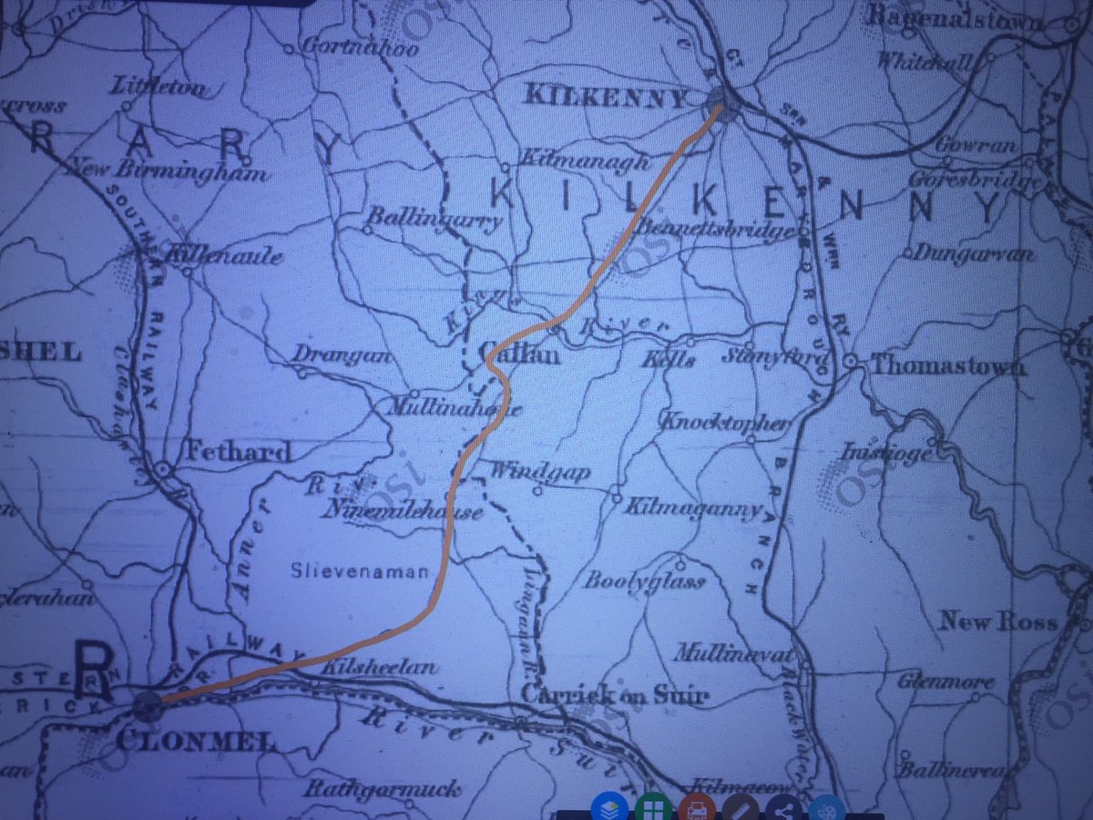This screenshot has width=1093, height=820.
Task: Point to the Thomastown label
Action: click(x=947, y=365)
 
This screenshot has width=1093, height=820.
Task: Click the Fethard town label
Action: click(x=239, y=450)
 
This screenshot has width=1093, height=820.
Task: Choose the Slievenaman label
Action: click(x=360, y=572)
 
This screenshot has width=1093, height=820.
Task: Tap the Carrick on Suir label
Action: click(x=614, y=696)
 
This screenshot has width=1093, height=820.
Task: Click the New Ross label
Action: click(x=998, y=623)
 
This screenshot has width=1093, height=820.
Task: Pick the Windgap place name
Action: click(x=541, y=472)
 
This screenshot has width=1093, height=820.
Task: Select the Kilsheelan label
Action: click(x=380, y=667)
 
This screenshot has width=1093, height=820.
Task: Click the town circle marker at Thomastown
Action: click(x=849, y=362)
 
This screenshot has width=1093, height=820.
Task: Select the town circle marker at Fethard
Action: click(x=163, y=468)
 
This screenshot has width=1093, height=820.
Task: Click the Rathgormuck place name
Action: click(x=383, y=789)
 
